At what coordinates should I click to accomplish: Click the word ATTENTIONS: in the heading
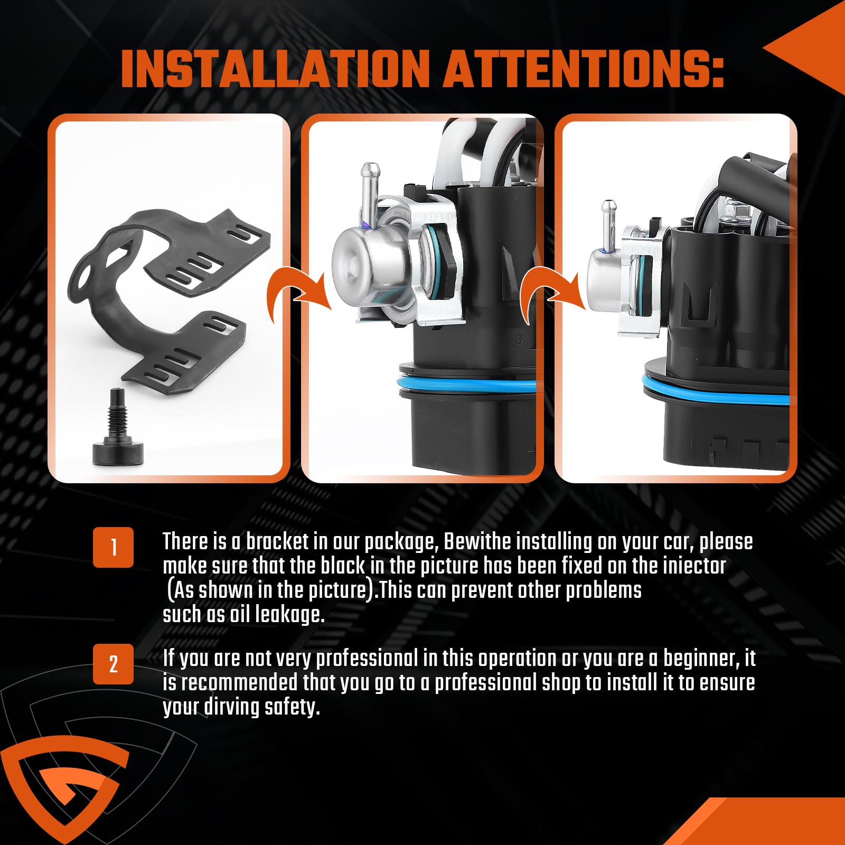click(584, 69)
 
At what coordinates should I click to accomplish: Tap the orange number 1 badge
click(114, 547)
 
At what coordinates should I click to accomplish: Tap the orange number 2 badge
click(114, 664)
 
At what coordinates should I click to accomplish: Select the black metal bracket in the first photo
click(169, 296)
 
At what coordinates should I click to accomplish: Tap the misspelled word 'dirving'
click(231, 707)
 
